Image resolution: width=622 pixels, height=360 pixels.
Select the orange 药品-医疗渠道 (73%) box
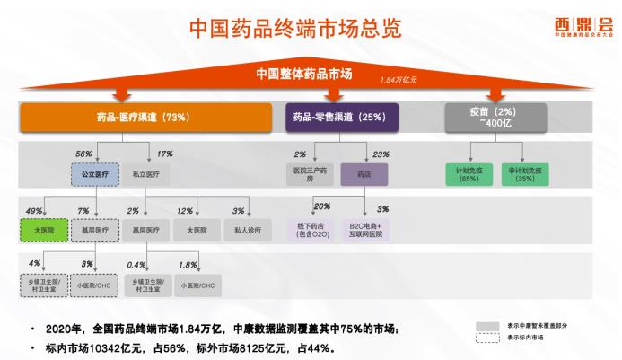(144, 118)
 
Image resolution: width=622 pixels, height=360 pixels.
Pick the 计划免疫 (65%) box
(469, 173)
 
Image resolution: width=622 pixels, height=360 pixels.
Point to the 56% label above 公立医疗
(83, 154)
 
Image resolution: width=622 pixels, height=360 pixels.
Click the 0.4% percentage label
(137, 265)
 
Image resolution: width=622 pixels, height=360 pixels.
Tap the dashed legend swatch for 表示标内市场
(488, 338)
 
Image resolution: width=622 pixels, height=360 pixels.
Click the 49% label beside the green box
(35, 212)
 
